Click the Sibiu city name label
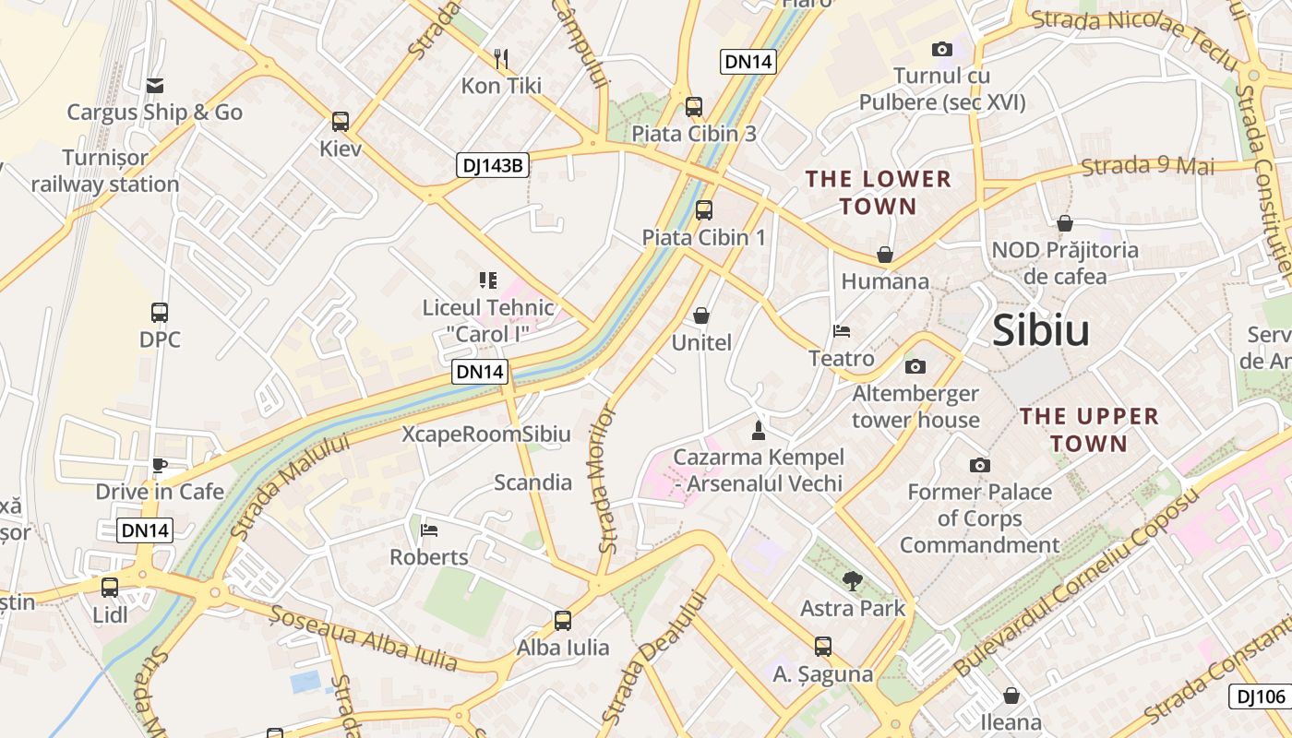click(x=1041, y=331)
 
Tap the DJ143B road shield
click(x=493, y=166)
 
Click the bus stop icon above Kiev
click(x=341, y=122)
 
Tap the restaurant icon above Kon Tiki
click(x=501, y=59)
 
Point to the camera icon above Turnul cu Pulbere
click(x=942, y=50)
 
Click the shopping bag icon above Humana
click(x=885, y=254)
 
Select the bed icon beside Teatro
click(x=842, y=331)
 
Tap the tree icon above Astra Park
click(x=853, y=580)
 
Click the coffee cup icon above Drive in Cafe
click(x=160, y=465)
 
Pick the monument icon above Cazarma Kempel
click(x=759, y=430)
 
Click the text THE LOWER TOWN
click(x=878, y=192)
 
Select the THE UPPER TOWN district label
click(x=1076, y=430)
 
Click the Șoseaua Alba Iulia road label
click(x=364, y=637)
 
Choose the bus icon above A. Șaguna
click(x=823, y=647)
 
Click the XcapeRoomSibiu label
click(x=486, y=434)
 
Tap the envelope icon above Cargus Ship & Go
click(x=154, y=86)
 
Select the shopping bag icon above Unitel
click(x=701, y=316)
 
